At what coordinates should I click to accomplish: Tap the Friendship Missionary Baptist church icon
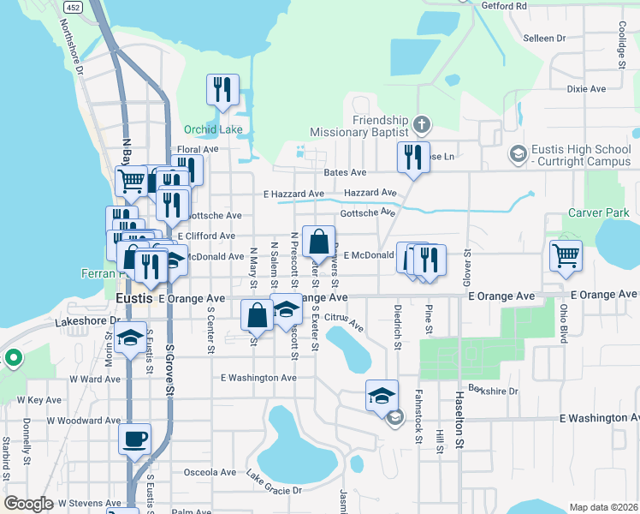[x=420, y=126]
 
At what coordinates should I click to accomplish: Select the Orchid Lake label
[x=213, y=130]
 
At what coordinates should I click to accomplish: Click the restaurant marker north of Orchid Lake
[x=222, y=89]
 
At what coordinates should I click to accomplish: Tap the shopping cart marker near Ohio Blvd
[x=566, y=254]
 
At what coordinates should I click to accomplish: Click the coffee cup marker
[x=135, y=440]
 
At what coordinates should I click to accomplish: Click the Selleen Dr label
[x=544, y=39]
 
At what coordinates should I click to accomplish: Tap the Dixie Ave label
[x=585, y=88]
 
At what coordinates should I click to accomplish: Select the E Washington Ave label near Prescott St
[x=258, y=377]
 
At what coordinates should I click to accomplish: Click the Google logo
[x=28, y=503]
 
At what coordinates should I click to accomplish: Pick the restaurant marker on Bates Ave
[x=412, y=158]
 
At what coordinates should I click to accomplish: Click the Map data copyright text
[x=603, y=507]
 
